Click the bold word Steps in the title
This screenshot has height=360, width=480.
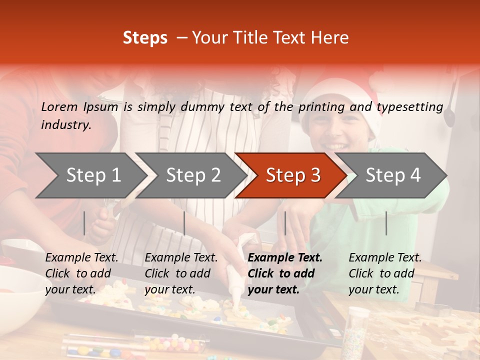pyautogui.click(x=145, y=38)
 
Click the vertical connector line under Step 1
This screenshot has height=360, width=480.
pyautogui.click(x=84, y=223)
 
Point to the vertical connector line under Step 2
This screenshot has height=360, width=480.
pyautogui.click(x=184, y=223)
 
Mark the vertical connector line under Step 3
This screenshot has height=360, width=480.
pyautogui.click(x=285, y=223)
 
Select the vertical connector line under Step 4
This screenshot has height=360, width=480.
pyautogui.click(x=386, y=223)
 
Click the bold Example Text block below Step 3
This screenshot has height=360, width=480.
pyautogui.click(x=285, y=273)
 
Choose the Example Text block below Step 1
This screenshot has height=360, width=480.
pyautogui.click(x=81, y=273)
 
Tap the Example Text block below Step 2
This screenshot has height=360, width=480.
pyautogui.click(x=181, y=273)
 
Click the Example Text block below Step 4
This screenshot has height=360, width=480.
pyautogui.click(x=385, y=273)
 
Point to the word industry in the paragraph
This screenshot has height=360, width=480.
pyautogui.click(x=66, y=125)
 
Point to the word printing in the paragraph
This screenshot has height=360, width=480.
pyautogui.click(x=321, y=107)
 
